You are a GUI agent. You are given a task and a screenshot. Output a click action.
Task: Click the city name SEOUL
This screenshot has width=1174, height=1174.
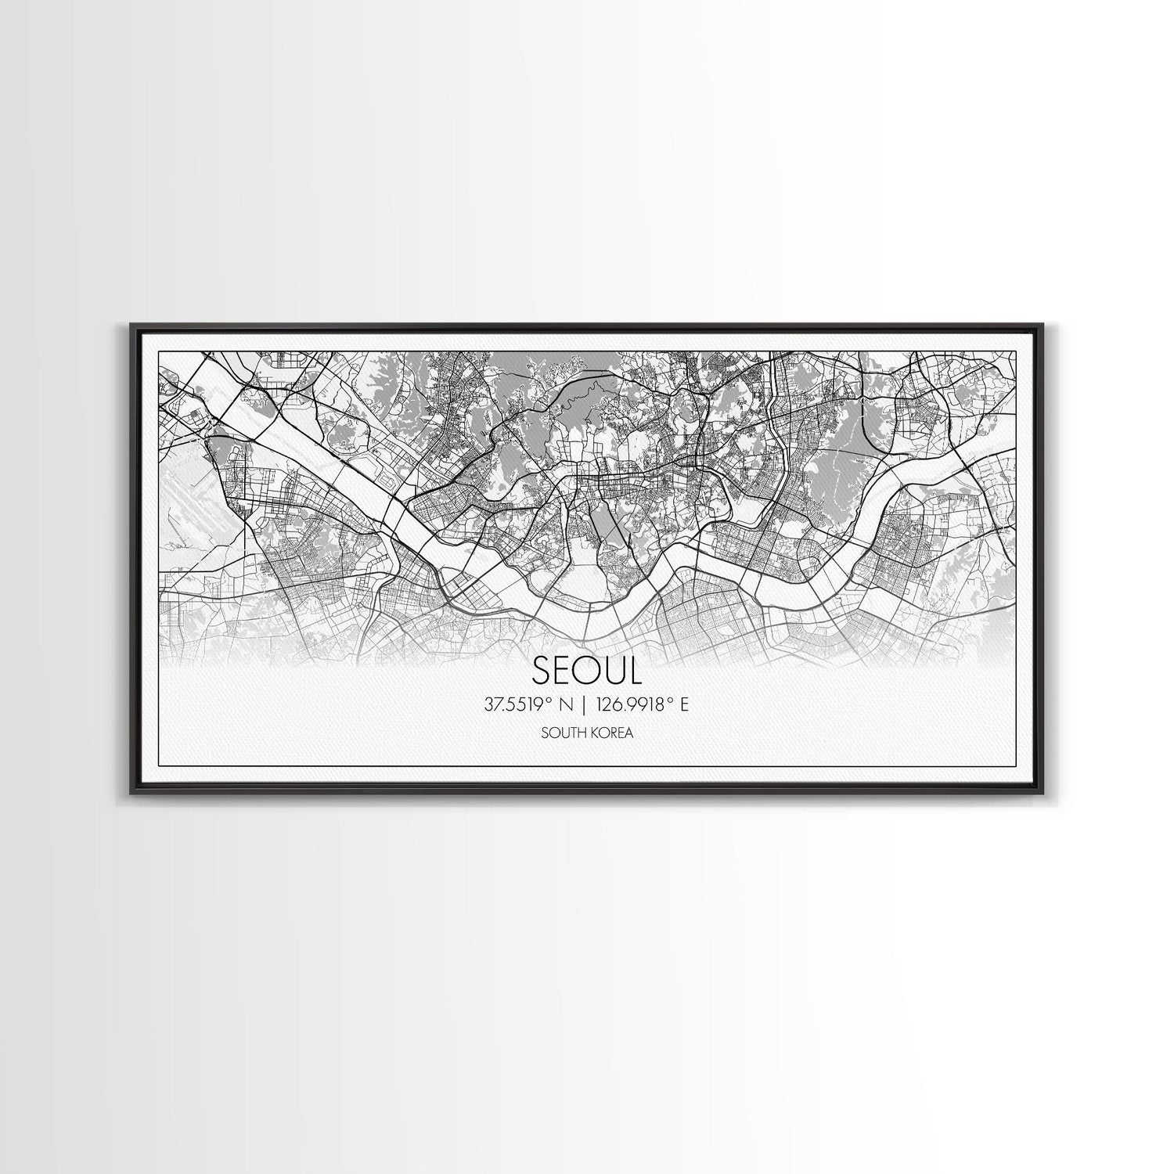pyautogui.click(x=586, y=670)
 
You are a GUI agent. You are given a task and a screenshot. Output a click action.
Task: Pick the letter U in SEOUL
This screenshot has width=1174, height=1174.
pyautogui.click(x=613, y=670)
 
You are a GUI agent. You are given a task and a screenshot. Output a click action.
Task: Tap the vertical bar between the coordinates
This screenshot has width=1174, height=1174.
pyautogui.click(x=583, y=705)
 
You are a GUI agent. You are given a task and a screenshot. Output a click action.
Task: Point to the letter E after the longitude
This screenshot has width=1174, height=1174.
pyautogui.click(x=683, y=705)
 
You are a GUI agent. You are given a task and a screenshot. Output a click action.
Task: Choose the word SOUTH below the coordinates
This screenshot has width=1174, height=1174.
pyautogui.click(x=559, y=733)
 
